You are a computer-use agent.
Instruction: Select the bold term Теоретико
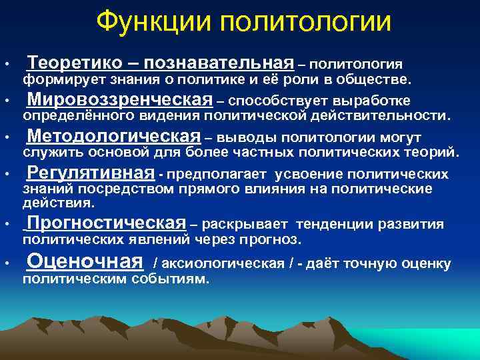pos(74,63)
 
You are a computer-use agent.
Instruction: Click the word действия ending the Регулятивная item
pos(58,203)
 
